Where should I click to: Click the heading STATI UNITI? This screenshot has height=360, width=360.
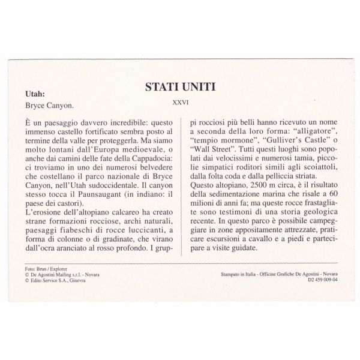[x=181, y=88]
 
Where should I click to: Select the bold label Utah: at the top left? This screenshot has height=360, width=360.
[x=37, y=94]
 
